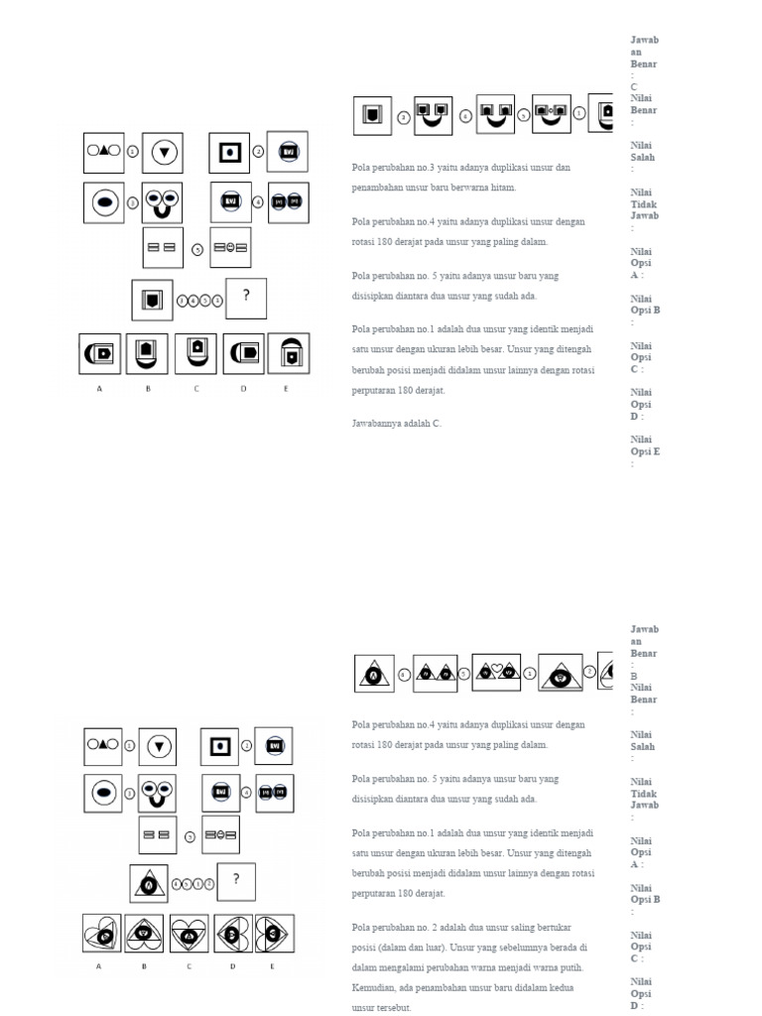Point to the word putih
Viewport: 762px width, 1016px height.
(x=572, y=967)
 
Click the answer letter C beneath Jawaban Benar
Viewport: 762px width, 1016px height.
(x=634, y=87)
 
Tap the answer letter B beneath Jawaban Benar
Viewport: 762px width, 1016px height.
(x=634, y=677)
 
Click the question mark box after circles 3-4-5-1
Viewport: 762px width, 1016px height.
(x=245, y=299)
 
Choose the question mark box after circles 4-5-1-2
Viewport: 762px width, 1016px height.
(x=236, y=880)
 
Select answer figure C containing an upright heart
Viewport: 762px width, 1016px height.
(x=190, y=934)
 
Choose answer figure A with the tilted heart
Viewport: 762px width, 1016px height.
(x=100, y=934)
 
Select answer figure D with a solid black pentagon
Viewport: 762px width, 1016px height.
(x=244, y=354)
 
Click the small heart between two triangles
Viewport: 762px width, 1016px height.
(x=496, y=671)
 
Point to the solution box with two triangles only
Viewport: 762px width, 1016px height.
(x=434, y=674)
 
